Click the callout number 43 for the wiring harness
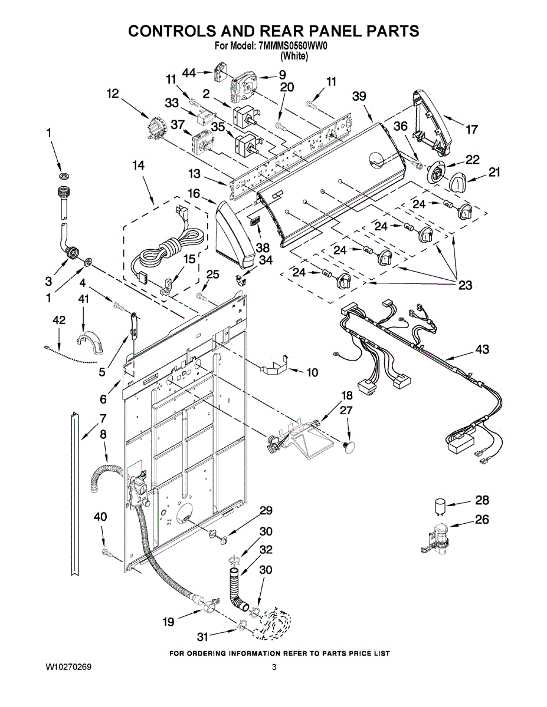pos(482,351)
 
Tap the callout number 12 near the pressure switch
pos(113,93)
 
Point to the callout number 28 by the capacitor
pos(482,500)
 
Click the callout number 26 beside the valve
pos(482,521)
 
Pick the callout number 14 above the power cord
pos(137,167)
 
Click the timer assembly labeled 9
pos(245,87)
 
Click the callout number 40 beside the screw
pos(101,517)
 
